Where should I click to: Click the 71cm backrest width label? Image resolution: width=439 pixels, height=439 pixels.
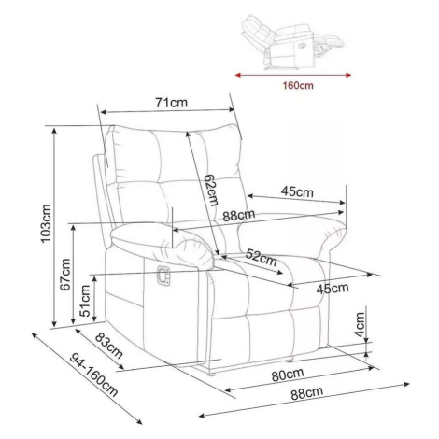point(172,102)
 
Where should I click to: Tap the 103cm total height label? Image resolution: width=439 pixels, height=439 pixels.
point(46,223)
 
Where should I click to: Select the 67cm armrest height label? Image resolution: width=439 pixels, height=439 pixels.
point(65,275)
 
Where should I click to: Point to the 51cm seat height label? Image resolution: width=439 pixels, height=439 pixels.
point(85,301)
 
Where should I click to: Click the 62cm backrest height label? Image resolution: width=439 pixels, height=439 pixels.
point(211,190)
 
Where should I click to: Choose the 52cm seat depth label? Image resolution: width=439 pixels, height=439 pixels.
point(261,257)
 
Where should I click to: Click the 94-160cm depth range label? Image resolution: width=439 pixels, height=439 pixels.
point(93,375)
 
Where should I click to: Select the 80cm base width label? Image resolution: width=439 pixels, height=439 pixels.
point(288,375)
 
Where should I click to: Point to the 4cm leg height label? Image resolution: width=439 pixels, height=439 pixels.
point(360,325)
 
